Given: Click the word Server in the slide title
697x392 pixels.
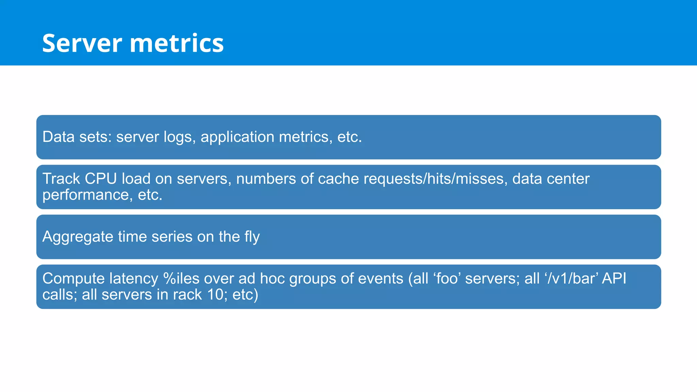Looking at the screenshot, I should (x=82, y=43).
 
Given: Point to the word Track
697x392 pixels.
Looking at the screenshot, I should (x=61, y=179).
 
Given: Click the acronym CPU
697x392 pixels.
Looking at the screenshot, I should (x=101, y=179).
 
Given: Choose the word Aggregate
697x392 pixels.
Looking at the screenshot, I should (x=78, y=237).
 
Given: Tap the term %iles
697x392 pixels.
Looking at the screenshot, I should (x=181, y=279).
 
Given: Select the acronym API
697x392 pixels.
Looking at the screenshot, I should (x=614, y=279).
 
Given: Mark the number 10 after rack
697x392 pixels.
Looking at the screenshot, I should (x=215, y=295).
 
